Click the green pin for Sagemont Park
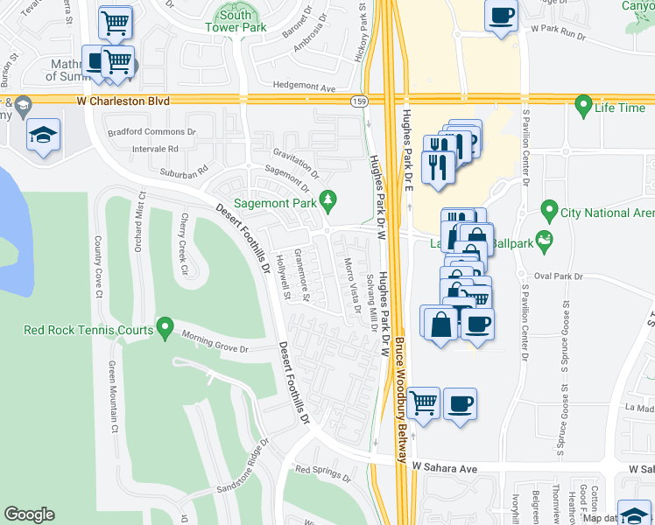tap(328, 201)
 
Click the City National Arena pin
tap(549, 211)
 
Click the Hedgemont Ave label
tap(305, 88)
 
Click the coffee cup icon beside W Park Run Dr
tap(501, 16)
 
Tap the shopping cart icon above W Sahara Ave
tap(424, 403)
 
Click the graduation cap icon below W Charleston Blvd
tap(43, 136)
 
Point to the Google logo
tap(29, 514)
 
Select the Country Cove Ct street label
tap(97, 266)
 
